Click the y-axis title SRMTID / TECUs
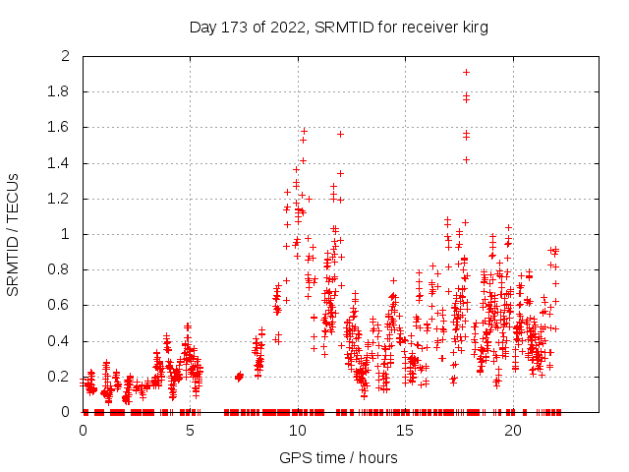(x=13, y=234)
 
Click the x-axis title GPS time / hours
(x=339, y=457)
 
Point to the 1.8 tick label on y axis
(x=60, y=92)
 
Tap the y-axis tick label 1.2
(x=60, y=199)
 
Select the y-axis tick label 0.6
(x=60, y=306)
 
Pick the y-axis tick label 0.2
(x=60, y=377)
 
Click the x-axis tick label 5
(x=191, y=431)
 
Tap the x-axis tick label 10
(x=298, y=431)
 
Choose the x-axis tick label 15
(x=406, y=431)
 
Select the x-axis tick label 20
(x=513, y=431)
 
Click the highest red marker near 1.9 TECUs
(x=466, y=72)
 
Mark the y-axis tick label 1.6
(x=60, y=128)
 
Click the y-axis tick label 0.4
(x=60, y=341)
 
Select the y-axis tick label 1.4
(x=60, y=163)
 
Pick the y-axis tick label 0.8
(x=60, y=270)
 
